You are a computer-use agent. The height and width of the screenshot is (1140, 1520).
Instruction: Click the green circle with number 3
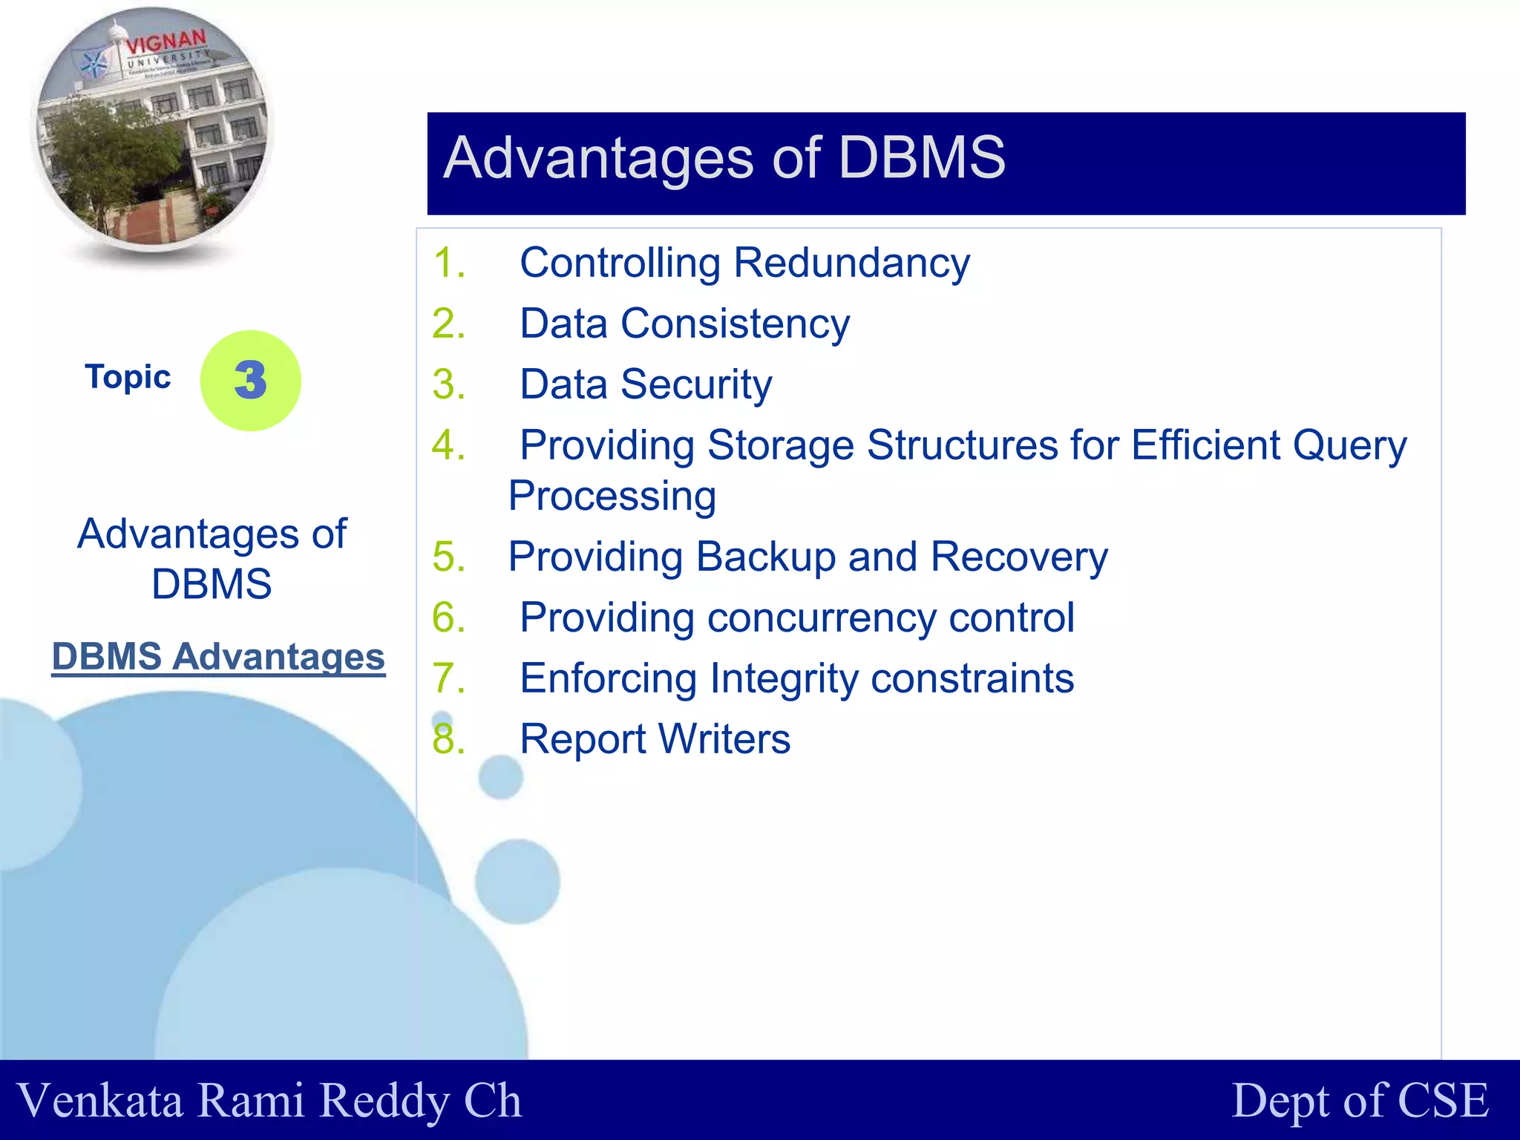point(250,380)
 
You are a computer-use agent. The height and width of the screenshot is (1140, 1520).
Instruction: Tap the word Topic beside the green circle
point(128,377)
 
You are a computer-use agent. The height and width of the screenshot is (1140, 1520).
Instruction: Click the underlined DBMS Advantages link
point(218,657)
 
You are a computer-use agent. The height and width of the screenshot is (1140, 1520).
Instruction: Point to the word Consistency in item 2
point(735,324)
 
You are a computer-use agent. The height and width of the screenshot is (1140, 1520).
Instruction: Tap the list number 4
point(448,445)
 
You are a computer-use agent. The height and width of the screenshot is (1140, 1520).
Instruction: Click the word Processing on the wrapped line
point(612,496)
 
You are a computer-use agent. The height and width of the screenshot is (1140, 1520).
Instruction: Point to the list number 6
point(448,617)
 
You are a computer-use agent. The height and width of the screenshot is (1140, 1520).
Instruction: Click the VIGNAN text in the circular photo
point(166,43)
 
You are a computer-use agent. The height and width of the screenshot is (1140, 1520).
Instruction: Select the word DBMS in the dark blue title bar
point(921,157)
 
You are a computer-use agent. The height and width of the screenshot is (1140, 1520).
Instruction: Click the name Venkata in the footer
point(99,1100)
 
